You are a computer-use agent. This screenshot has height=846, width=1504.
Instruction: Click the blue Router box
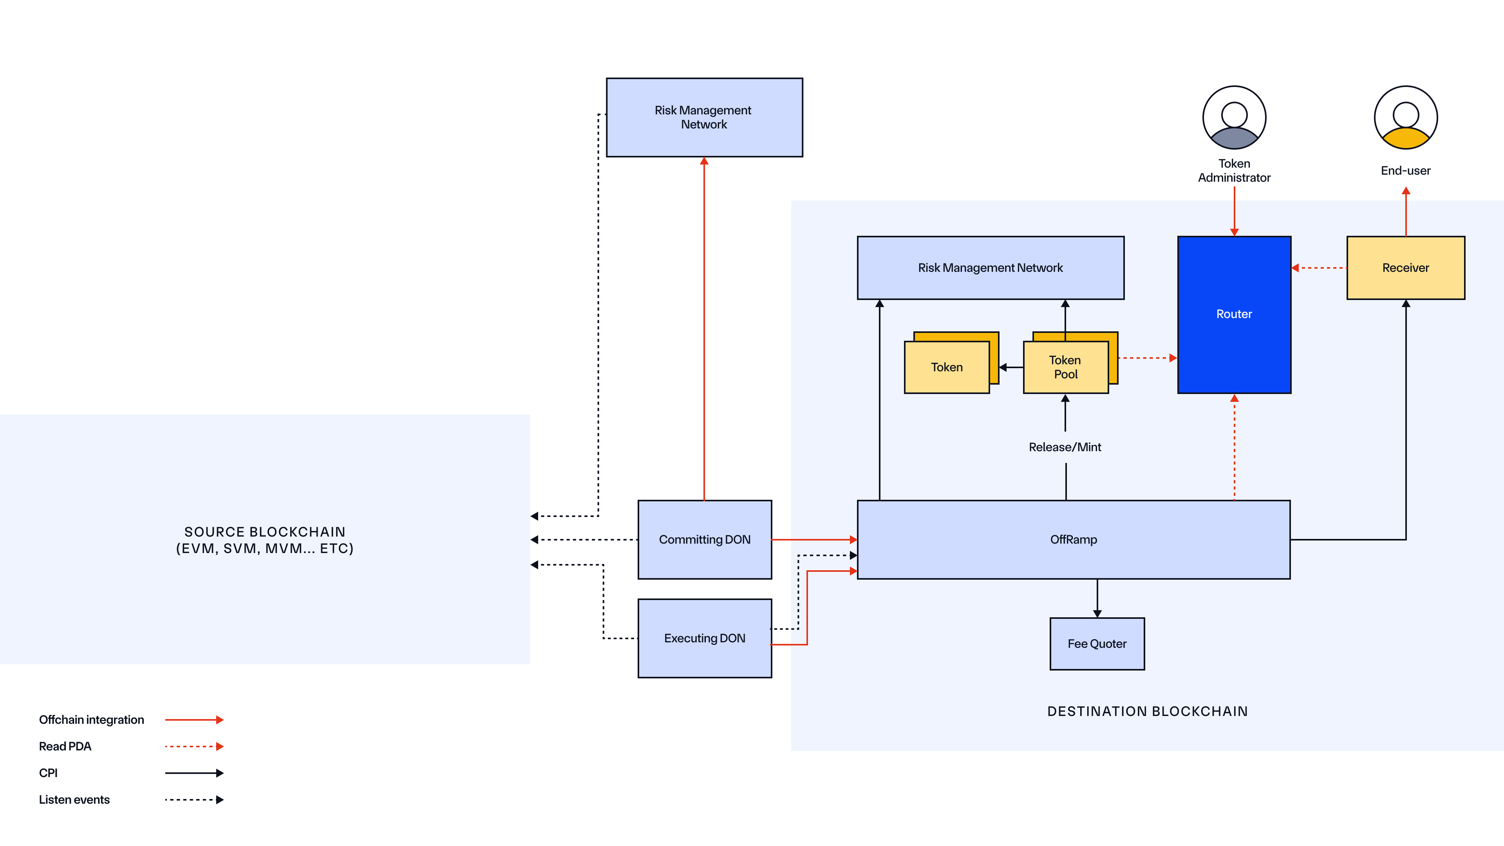tap(1234, 314)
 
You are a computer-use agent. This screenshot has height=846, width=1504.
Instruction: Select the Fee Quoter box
tap(1097, 644)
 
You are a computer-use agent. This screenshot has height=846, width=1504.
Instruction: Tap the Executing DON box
tap(704, 638)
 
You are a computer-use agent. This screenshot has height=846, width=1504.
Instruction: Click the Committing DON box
tap(704, 539)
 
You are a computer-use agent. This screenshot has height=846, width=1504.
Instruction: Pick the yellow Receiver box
tap(1405, 268)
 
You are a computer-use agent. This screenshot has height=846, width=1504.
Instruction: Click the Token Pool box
tap(1065, 367)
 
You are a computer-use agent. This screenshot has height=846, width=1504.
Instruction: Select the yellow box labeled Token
tap(946, 367)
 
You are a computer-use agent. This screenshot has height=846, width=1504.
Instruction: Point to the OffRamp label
tap(1073, 539)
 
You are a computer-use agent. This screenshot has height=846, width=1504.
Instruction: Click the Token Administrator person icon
tap(1234, 118)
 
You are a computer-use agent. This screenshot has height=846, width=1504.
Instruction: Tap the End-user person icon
tap(1405, 118)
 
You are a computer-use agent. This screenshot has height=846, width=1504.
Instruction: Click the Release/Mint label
tap(1065, 447)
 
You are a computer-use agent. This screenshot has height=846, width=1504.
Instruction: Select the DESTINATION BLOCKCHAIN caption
tap(1147, 711)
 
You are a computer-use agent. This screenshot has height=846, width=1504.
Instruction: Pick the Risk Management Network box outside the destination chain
tap(704, 117)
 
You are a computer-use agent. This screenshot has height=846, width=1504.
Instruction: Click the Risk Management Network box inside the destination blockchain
tap(990, 268)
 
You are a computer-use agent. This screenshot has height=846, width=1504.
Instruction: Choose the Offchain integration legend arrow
tap(194, 720)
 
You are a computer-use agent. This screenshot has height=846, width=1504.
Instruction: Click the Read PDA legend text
tap(65, 746)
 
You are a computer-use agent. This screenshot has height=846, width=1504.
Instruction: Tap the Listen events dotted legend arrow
tap(194, 800)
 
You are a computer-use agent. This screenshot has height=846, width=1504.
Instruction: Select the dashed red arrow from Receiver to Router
tap(1318, 268)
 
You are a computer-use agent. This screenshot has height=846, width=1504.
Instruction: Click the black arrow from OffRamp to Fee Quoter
tap(1097, 598)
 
